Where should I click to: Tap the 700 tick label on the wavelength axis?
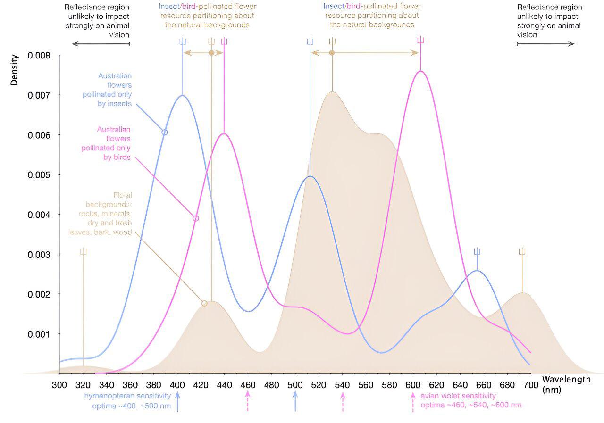tap(531, 384)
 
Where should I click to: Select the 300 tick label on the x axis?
tap(59, 384)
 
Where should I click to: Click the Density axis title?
tap(14, 70)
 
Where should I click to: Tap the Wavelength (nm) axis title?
tap(566, 384)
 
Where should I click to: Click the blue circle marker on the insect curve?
tap(165, 132)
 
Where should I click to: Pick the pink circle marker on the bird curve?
tap(196, 218)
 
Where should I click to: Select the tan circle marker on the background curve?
tap(204, 303)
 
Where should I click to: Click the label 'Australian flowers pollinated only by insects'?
tap(108, 90)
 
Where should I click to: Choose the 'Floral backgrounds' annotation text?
tap(101, 214)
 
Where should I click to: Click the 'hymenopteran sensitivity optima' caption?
tap(127, 400)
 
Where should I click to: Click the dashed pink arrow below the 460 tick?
tap(248, 401)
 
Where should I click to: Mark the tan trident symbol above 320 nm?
tap(84, 251)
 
